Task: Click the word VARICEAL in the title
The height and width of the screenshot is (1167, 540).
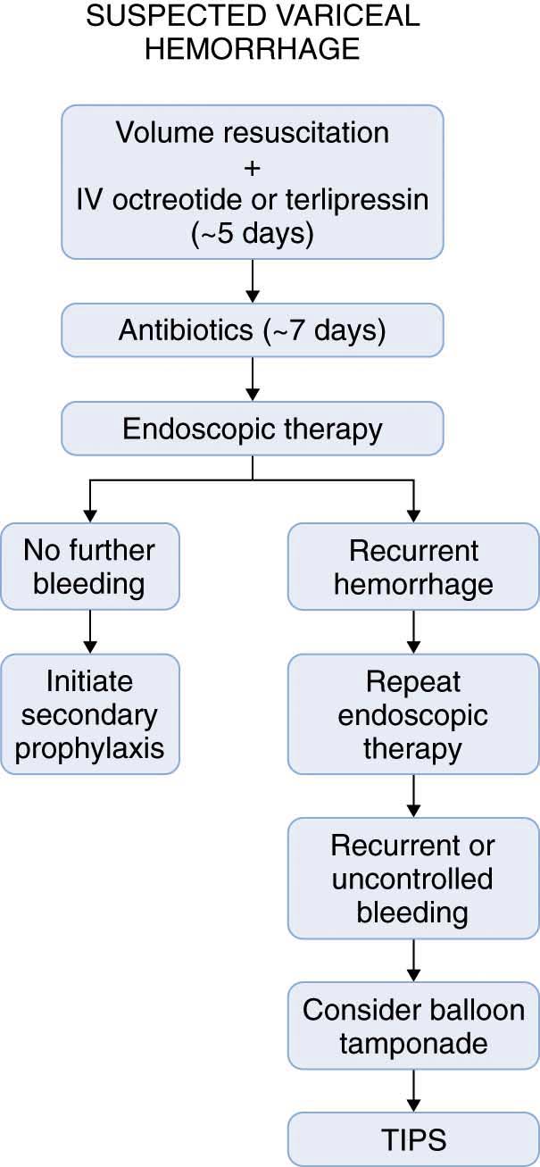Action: click(341, 16)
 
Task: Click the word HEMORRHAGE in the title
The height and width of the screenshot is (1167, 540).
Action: click(252, 48)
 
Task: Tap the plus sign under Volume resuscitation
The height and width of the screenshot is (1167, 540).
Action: click(252, 168)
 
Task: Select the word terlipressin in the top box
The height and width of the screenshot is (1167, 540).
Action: click(357, 199)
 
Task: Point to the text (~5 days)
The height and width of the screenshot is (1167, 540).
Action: click(253, 233)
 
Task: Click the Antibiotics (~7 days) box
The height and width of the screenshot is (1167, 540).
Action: click(253, 330)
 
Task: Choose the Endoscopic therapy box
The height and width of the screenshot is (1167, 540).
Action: click(253, 429)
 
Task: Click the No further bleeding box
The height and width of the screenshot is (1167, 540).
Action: click(89, 566)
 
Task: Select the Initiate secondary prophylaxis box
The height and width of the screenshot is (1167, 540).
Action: click(89, 713)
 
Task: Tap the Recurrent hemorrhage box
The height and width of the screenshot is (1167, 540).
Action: click(413, 566)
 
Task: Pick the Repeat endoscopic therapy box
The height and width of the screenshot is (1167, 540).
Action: click(413, 713)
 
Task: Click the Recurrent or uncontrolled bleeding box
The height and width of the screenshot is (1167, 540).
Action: click(413, 879)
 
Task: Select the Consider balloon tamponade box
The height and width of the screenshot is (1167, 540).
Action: click(413, 1026)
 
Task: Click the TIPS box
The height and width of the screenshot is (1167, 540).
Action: click(413, 1139)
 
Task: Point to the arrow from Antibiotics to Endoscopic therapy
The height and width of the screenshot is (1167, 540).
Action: click(253, 379)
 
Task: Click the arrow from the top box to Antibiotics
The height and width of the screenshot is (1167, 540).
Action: click(253, 281)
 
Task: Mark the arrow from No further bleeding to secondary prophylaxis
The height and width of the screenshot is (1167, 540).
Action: click(90, 632)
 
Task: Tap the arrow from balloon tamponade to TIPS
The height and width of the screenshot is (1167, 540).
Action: click(413, 1091)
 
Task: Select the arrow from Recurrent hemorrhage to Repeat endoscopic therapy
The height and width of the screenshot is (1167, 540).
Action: click(413, 632)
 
